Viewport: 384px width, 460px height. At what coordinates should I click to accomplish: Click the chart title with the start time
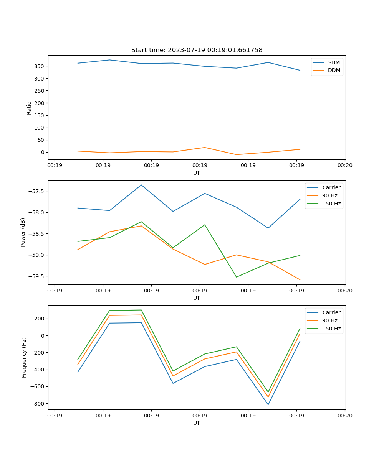point(197,50)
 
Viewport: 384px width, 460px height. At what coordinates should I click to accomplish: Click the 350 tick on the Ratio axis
point(40,66)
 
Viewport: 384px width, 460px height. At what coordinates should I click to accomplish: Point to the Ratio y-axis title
point(29,108)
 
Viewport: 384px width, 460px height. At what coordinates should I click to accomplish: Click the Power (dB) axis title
point(23,232)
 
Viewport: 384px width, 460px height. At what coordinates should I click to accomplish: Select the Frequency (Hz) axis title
point(24,357)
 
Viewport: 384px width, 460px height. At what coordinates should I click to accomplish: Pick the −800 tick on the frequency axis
point(37,404)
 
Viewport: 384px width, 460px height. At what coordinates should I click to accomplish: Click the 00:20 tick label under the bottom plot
point(345,415)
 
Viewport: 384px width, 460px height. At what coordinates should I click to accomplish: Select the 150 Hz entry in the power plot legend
point(331,204)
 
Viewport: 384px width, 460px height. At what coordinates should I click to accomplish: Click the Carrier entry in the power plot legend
point(331,187)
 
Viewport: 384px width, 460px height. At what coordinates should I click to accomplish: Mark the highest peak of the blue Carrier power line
point(141,185)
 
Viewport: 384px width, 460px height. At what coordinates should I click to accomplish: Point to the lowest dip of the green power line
point(236,277)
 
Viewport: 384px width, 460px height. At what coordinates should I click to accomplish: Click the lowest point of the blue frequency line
point(268,404)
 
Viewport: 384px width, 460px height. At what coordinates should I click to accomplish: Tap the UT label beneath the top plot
point(197,173)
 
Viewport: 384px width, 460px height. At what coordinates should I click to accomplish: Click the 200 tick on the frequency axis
point(40,319)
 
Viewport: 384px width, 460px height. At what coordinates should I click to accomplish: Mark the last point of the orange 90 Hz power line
point(300,279)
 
